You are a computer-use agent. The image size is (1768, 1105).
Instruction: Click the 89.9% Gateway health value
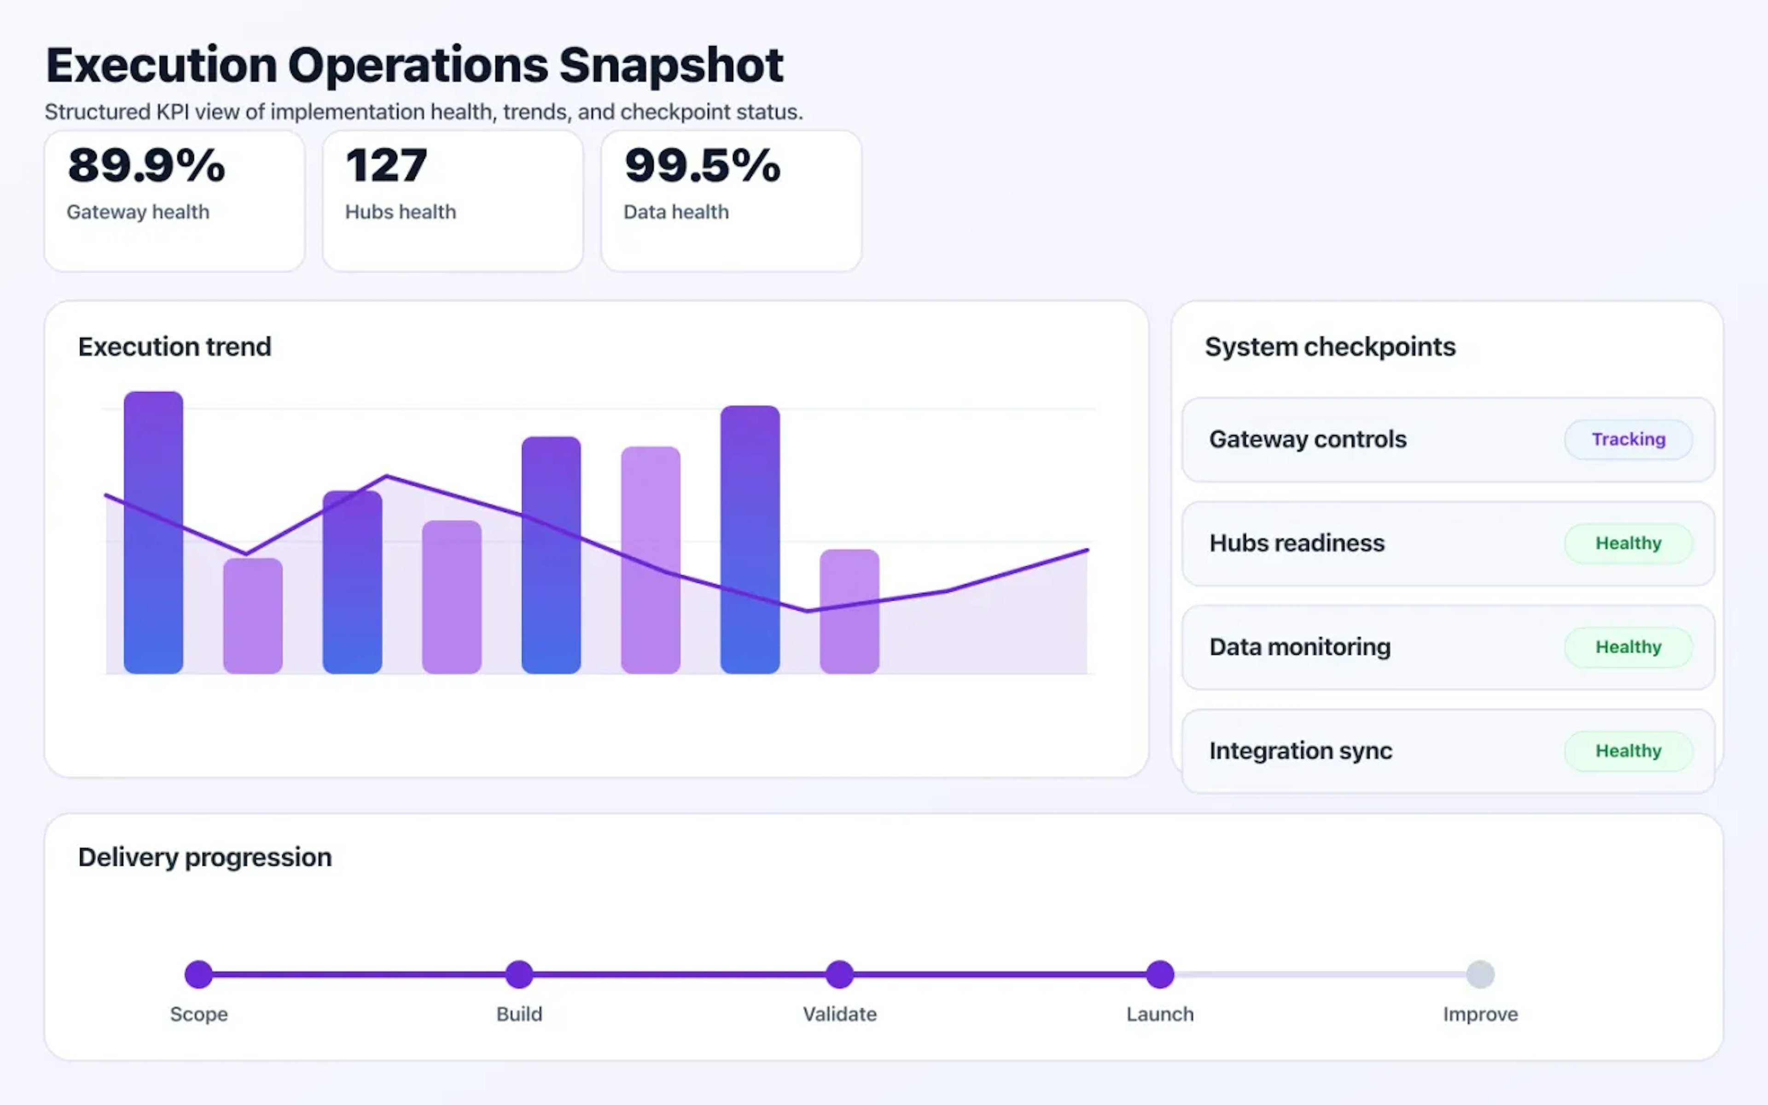click(x=146, y=165)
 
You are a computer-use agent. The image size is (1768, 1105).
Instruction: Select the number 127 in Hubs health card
click(x=386, y=165)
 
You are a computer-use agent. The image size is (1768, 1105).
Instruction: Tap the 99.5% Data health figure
click(x=702, y=165)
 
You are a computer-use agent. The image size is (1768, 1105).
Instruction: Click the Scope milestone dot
click(x=199, y=974)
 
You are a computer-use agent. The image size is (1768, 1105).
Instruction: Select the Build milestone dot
click(x=519, y=974)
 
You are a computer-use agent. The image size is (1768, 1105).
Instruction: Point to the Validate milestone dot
click(x=839, y=974)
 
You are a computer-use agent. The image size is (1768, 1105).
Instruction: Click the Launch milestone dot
click(x=1159, y=974)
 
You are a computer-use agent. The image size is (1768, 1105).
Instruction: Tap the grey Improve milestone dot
click(x=1480, y=974)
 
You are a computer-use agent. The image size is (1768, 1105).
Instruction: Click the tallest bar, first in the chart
click(x=153, y=534)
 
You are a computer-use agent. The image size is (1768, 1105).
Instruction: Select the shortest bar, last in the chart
click(x=849, y=612)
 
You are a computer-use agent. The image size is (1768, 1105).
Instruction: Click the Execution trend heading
click(x=174, y=346)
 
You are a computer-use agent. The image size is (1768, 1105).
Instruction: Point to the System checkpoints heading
click(x=1330, y=346)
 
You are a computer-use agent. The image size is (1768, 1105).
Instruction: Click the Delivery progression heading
click(x=204, y=856)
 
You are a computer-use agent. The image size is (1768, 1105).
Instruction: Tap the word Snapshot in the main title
click(x=671, y=66)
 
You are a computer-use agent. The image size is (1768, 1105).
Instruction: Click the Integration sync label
click(x=1300, y=750)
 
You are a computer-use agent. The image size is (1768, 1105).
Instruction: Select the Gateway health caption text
click(x=138, y=212)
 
